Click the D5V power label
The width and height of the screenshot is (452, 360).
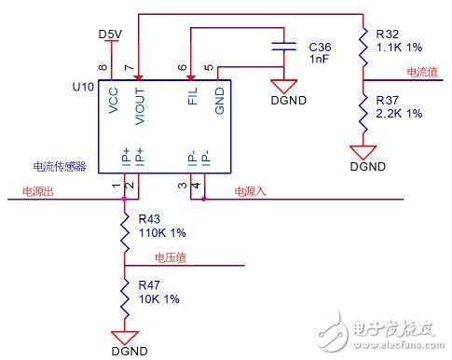[x=110, y=35]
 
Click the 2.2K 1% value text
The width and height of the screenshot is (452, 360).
[x=399, y=113]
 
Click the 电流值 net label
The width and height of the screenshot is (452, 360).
[x=423, y=72]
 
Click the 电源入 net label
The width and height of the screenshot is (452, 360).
[x=249, y=191]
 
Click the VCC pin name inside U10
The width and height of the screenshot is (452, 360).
[x=114, y=101]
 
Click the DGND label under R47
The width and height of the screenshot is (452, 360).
[x=124, y=352]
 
